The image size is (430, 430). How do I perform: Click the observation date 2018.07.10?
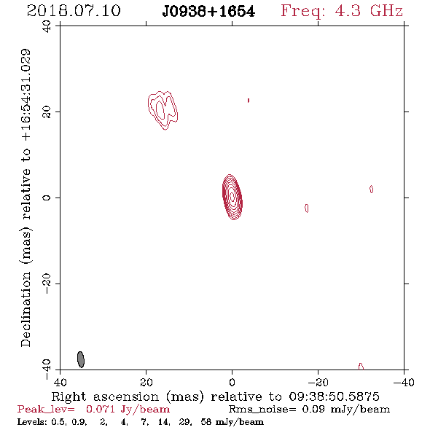74,11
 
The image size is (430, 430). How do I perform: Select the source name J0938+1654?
208,12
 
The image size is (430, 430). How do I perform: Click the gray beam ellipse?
81,359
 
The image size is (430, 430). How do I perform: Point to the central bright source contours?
232,197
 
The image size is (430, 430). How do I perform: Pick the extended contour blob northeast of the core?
163,110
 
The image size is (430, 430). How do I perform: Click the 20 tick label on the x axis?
146,383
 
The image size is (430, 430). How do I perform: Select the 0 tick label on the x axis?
232,383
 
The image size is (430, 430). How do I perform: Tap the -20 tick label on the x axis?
318,383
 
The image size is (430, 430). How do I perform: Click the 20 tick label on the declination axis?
47,112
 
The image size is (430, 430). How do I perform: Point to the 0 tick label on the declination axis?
47,198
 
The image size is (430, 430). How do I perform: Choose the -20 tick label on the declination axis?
47,284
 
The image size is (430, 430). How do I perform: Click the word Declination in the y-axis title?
26,309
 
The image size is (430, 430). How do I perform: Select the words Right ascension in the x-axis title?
105,396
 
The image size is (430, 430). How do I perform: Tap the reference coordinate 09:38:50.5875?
334,396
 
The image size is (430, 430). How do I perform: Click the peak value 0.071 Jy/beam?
128,409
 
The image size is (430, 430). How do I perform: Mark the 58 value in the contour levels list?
206,422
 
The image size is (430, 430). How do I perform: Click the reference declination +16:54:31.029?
26,95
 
